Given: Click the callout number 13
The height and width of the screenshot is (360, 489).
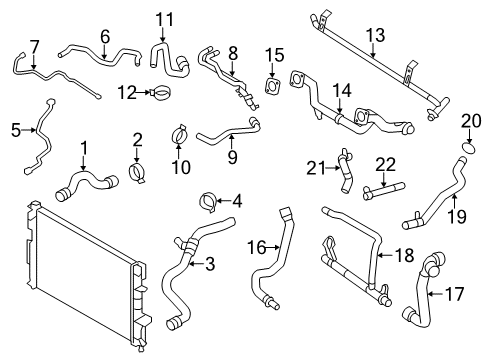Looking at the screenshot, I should coord(374,35).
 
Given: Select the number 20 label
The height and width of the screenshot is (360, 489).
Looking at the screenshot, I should coord(471,121).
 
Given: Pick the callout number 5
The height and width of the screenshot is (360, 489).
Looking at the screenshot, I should coord(15,128).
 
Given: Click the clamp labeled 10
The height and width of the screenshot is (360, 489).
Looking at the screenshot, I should coord(180,132).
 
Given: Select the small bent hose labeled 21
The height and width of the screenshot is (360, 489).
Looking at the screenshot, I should coord(346,165).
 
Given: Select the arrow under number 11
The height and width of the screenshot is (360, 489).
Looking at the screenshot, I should coord(163,36).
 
